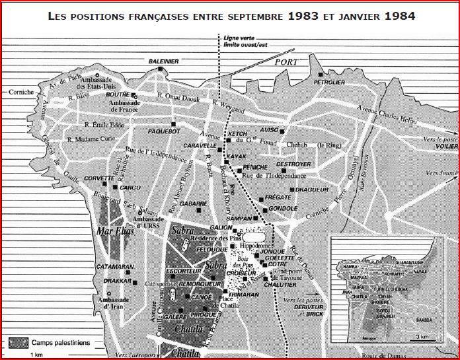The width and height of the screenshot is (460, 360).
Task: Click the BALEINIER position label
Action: click(163, 61)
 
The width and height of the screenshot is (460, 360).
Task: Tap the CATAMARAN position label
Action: click(110, 268)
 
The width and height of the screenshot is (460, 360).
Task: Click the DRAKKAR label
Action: click(118, 280)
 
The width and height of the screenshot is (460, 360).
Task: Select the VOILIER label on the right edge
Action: click(446, 149)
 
